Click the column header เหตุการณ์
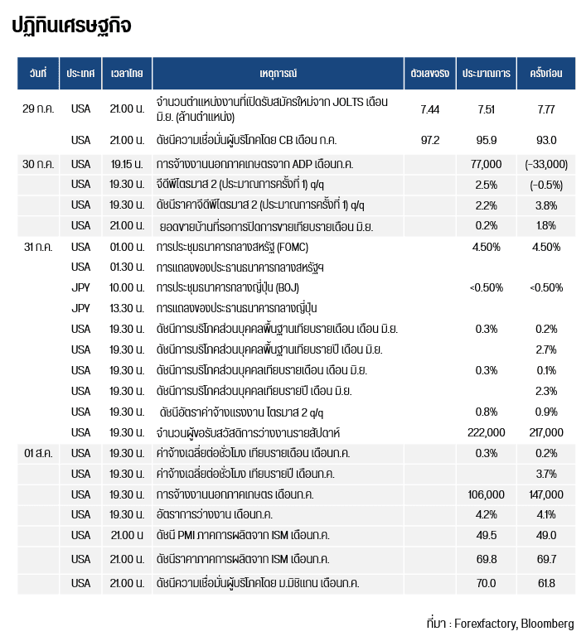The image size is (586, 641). tap(278, 74)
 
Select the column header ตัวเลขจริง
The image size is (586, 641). tap(429, 74)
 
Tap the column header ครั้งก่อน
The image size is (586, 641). tap(545, 74)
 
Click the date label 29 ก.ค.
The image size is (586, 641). tap(38, 108)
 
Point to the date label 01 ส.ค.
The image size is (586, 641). tap(39, 453)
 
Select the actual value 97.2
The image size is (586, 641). tap(429, 140)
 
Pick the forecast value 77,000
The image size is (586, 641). tap(486, 164)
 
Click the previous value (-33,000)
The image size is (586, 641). tap(545, 164)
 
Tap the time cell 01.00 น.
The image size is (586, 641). tap(127, 247)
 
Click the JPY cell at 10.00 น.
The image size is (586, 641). tap(80, 287)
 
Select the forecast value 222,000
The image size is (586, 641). tap(486, 432)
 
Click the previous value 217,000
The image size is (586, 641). tap(545, 432)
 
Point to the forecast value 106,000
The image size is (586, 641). tap(486, 494)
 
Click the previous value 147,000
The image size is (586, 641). tap(545, 494)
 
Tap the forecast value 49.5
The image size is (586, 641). tap(486, 535)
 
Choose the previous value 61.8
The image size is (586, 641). tap(545, 583)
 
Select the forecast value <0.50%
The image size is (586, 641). tap(486, 287)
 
